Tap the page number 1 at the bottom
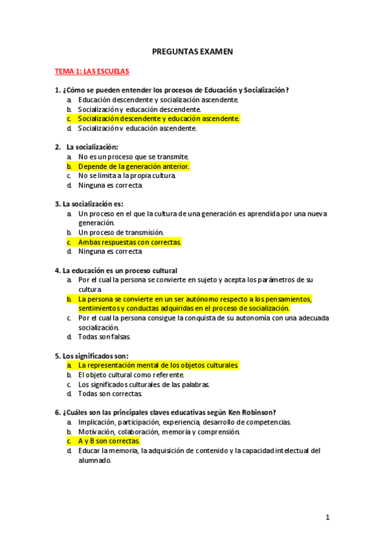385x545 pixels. (327, 517)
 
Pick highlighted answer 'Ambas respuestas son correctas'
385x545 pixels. (130, 242)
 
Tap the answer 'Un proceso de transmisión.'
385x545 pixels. (121, 232)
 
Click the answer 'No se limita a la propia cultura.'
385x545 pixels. (127, 175)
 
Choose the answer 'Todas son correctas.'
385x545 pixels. (110, 393)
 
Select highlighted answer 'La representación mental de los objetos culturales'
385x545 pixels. (158, 365)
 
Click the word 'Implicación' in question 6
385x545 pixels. (96, 422)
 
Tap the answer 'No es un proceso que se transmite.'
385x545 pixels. (133, 156)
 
